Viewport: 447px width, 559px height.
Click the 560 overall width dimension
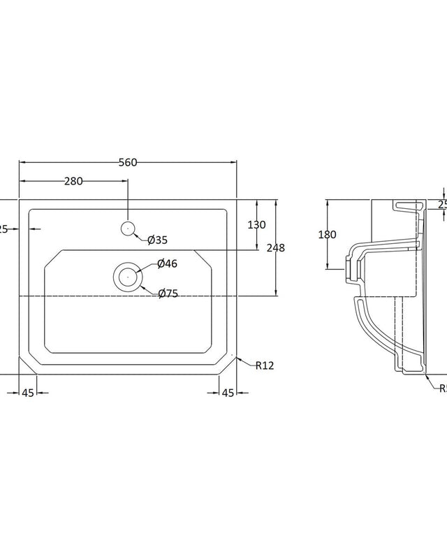click(x=127, y=162)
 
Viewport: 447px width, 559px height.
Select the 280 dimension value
click(x=73, y=181)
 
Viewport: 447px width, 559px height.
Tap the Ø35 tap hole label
click(x=157, y=240)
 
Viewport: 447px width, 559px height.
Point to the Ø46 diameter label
click(x=167, y=263)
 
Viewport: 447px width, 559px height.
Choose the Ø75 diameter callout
click(x=168, y=294)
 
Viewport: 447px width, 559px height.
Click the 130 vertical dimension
click(x=257, y=224)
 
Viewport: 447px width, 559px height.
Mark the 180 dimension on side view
click(x=328, y=235)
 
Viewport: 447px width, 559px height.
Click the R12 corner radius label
click(x=265, y=365)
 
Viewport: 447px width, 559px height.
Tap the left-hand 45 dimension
click(x=28, y=393)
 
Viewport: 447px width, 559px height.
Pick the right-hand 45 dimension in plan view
click(x=228, y=393)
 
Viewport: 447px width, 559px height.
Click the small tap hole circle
click(x=128, y=227)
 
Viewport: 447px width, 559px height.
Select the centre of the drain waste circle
click(x=128, y=276)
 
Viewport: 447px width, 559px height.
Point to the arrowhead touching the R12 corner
click(x=240, y=358)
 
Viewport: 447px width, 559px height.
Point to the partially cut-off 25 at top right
click(x=441, y=204)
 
